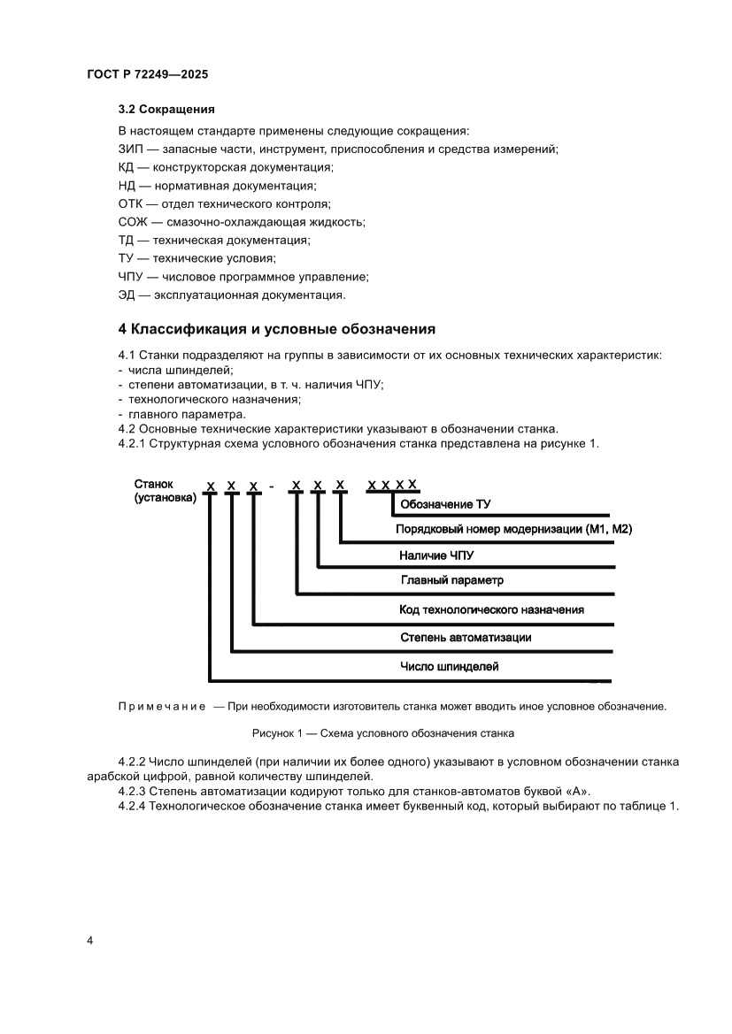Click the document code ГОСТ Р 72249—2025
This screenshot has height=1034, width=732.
click(x=147, y=75)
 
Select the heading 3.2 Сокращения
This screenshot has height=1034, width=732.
click(x=166, y=111)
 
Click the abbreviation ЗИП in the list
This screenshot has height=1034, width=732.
click(x=130, y=149)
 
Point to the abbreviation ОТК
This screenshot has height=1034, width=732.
click(x=131, y=203)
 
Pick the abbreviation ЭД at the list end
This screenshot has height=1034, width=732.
click(x=127, y=295)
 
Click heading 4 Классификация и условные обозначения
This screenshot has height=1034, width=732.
click(x=277, y=329)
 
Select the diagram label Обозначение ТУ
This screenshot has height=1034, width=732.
click(x=445, y=504)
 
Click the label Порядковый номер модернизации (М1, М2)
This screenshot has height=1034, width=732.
click(x=514, y=529)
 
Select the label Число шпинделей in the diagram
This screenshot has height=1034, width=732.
click(x=449, y=666)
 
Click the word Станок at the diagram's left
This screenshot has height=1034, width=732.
click(x=154, y=484)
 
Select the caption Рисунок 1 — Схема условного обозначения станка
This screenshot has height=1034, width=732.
click(x=383, y=733)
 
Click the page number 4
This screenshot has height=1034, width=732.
click(x=89, y=939)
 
